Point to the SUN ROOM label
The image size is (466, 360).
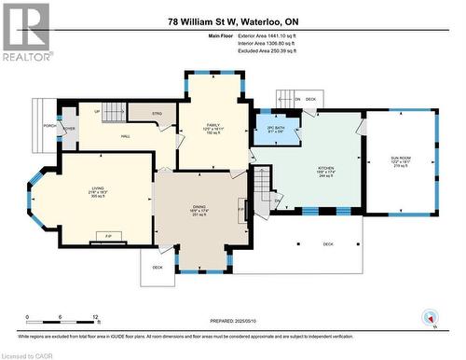400,159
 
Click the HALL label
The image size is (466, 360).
124,136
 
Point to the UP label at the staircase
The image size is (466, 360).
98,112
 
